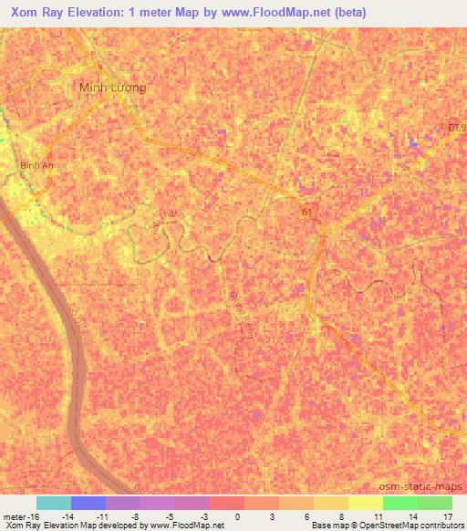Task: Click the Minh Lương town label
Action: tap(113, 88)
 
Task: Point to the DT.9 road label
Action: tap(455, 128)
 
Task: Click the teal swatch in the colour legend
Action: tap(54, 503)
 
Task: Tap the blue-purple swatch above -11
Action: tap(88, 503)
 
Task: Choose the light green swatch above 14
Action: tap(400, 503)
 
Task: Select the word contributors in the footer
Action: tap(436, 526)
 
